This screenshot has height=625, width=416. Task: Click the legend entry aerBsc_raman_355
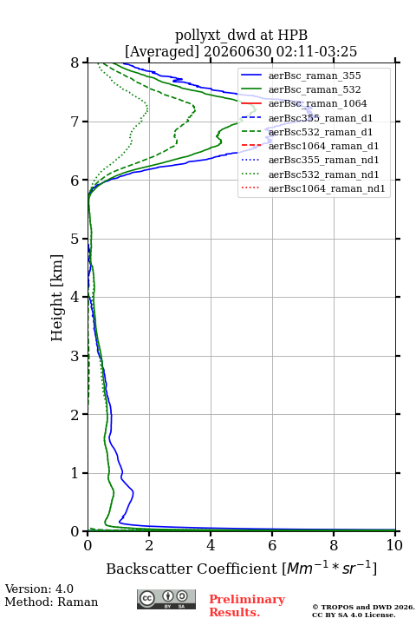pyautogui.click(x=315, y=76)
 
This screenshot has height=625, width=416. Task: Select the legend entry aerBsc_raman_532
pyautogui.click(x=315, y=89)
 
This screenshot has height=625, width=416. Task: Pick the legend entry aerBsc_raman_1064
pyautogui.click(x=318, y=103)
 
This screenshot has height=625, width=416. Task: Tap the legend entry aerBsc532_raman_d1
pyautogui.click(x=321, y=132)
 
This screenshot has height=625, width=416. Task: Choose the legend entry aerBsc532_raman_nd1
pyautogui.click(x=323, y=174)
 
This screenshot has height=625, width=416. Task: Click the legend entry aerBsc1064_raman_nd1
pyautogui.click(x=327, y=188)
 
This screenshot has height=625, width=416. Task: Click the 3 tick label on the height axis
pyautogui.click(x=75, y=356)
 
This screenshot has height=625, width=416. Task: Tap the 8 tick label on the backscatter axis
pyautogui.click(x=334, y=545)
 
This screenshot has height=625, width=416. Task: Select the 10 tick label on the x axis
pyautogui.click(x=394, y=545)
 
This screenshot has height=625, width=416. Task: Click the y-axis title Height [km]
pyautogui.click(x=57, y=298)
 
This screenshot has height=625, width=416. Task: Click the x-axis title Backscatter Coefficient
pyautogui.click(x=191, y=569)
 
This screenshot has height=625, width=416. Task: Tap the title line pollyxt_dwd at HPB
pyautogui.click(x=242, y=35)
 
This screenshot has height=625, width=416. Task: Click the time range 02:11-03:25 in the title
pyautogui.click(x=315, y=51)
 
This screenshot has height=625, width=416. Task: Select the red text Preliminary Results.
pyautogui.click(x=247, y=606)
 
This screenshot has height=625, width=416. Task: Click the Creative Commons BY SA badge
pyautogui.click(x=166, y=600)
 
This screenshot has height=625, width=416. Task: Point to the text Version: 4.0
pyautogui.click(x=39, y=589)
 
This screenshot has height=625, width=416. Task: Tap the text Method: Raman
pyautogui.click(x=51, y=602)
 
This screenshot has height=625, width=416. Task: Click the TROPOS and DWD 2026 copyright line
pyautogui.click(x=363, y=608)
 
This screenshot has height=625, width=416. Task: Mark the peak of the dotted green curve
pyautogui.click(x=147, y=108)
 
